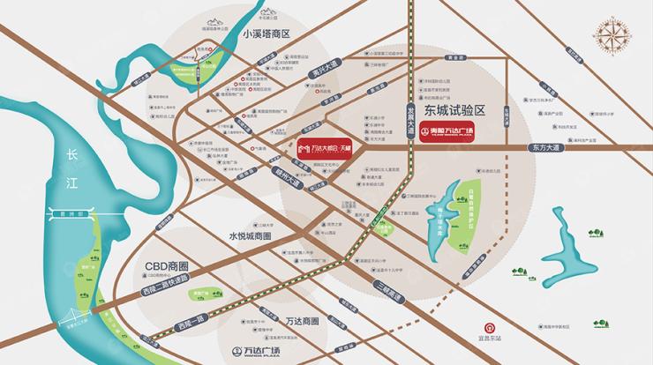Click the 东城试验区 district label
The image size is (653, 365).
(454, 110)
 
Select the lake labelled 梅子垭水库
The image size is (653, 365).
(445, 209)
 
